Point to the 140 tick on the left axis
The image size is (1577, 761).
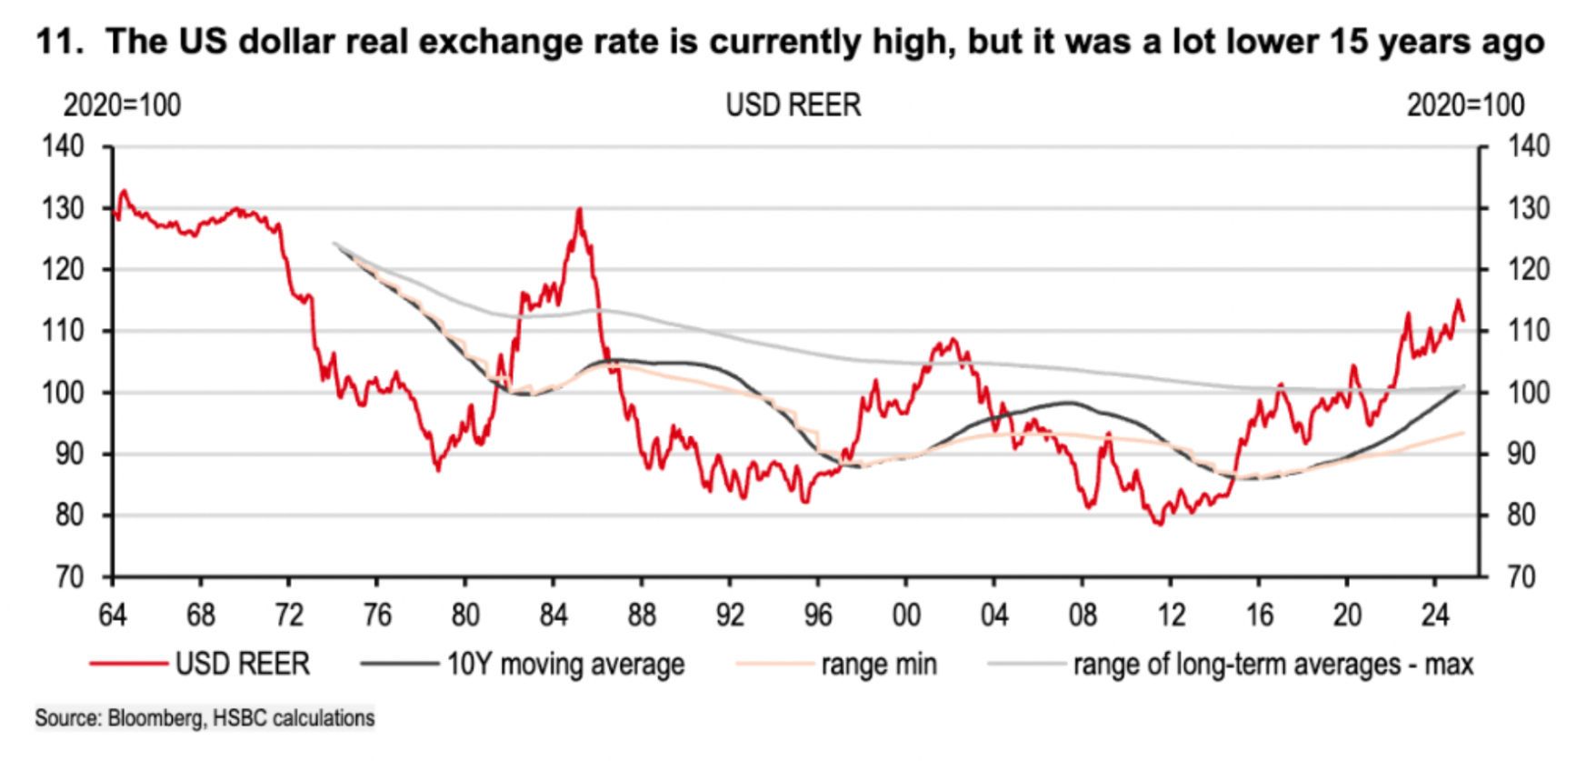point(63,147)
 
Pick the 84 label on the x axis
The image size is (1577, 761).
point(553,616)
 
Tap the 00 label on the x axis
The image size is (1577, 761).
point(905,616)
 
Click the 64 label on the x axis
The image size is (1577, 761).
point(112,616)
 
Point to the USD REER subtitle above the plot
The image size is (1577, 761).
point(793,105)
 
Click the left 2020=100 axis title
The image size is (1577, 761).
point(122,105)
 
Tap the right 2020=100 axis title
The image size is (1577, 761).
point(1465,105)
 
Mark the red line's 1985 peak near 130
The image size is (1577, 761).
point(579,210)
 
